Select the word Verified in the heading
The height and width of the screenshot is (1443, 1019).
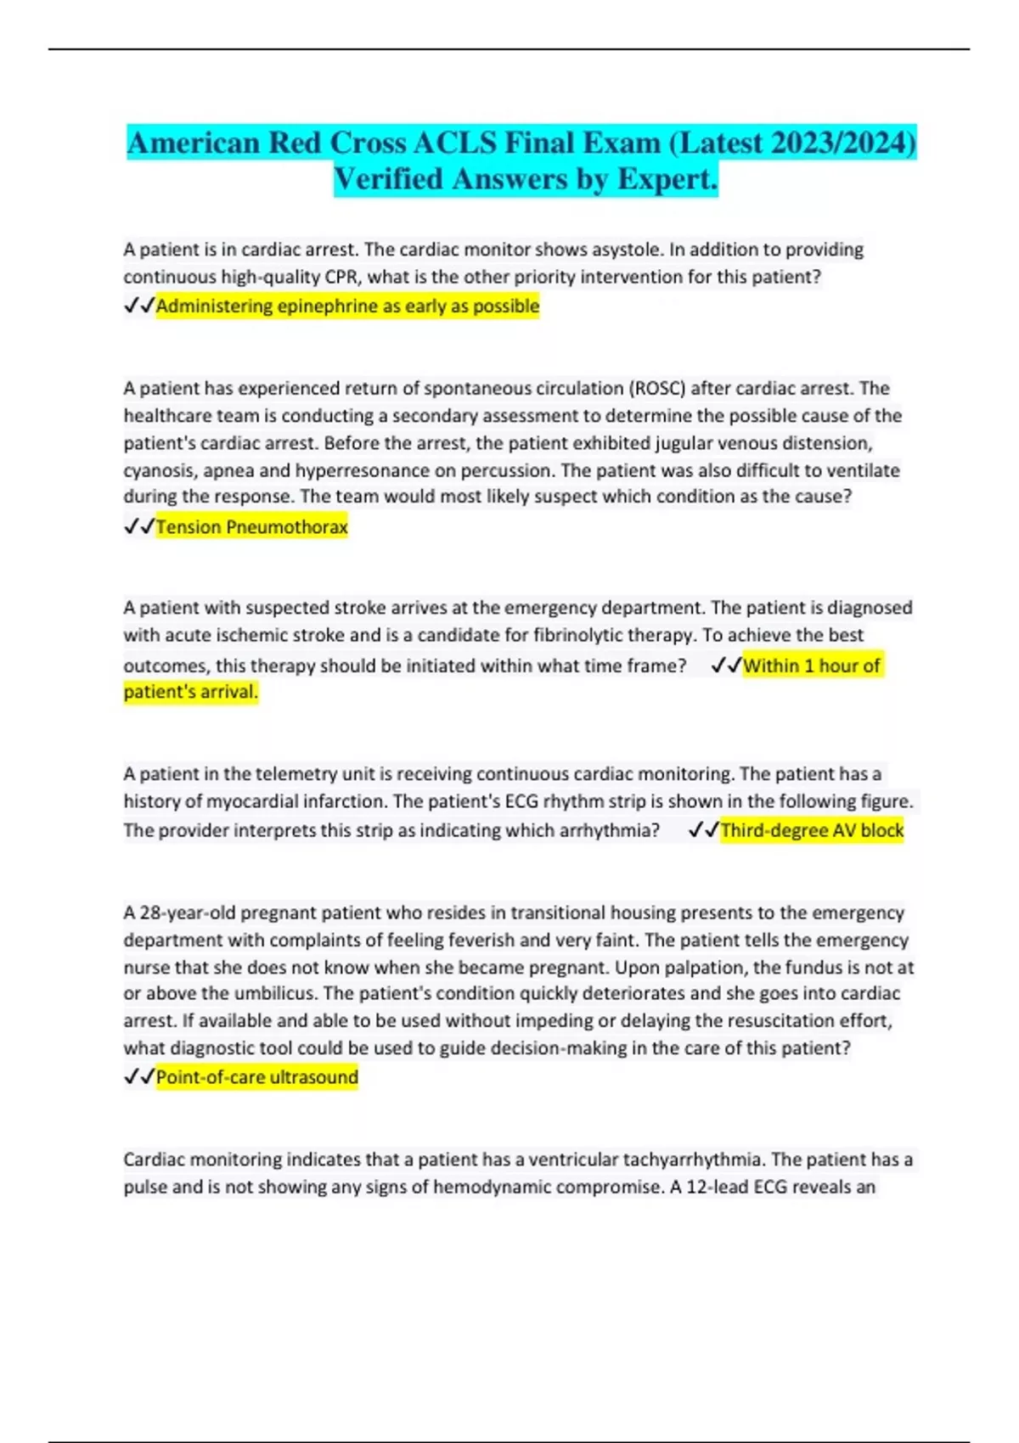(x=388, y=179)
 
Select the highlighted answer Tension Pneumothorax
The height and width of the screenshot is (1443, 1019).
(x=251, y=527)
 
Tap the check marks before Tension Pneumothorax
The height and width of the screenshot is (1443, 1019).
(x=139, y=527)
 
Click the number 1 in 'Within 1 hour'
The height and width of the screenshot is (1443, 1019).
(x=810, y=665)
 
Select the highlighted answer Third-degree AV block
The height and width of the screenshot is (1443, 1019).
(x=812, y=830)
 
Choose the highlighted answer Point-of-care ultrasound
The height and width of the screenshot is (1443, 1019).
(x=256, y=1077)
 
